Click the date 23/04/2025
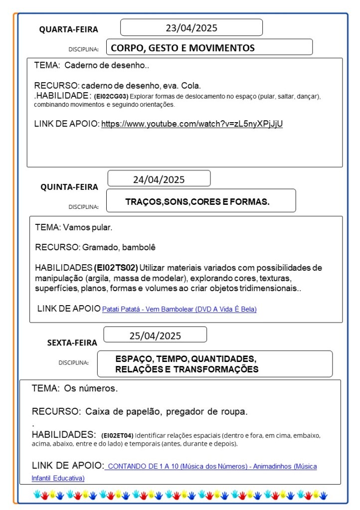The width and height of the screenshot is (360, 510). point(191,28)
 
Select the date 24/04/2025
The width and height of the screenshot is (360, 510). point(159,179)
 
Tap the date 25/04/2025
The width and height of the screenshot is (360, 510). point(155,336)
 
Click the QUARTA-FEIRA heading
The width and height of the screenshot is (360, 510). point(69,30)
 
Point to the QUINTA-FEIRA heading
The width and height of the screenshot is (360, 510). point(69,187)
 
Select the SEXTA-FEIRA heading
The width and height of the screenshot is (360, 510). point(72,342)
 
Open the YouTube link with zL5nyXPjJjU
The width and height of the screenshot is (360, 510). point(192,124)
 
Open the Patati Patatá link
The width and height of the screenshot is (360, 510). point(179,309)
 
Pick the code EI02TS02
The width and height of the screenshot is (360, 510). point(116,268)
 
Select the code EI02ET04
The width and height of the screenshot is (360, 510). point(117,435)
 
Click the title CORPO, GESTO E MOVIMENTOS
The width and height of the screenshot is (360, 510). point(182,48)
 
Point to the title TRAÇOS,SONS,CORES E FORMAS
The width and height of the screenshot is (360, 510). point(197,202)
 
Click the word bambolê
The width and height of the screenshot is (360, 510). point(149,247)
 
